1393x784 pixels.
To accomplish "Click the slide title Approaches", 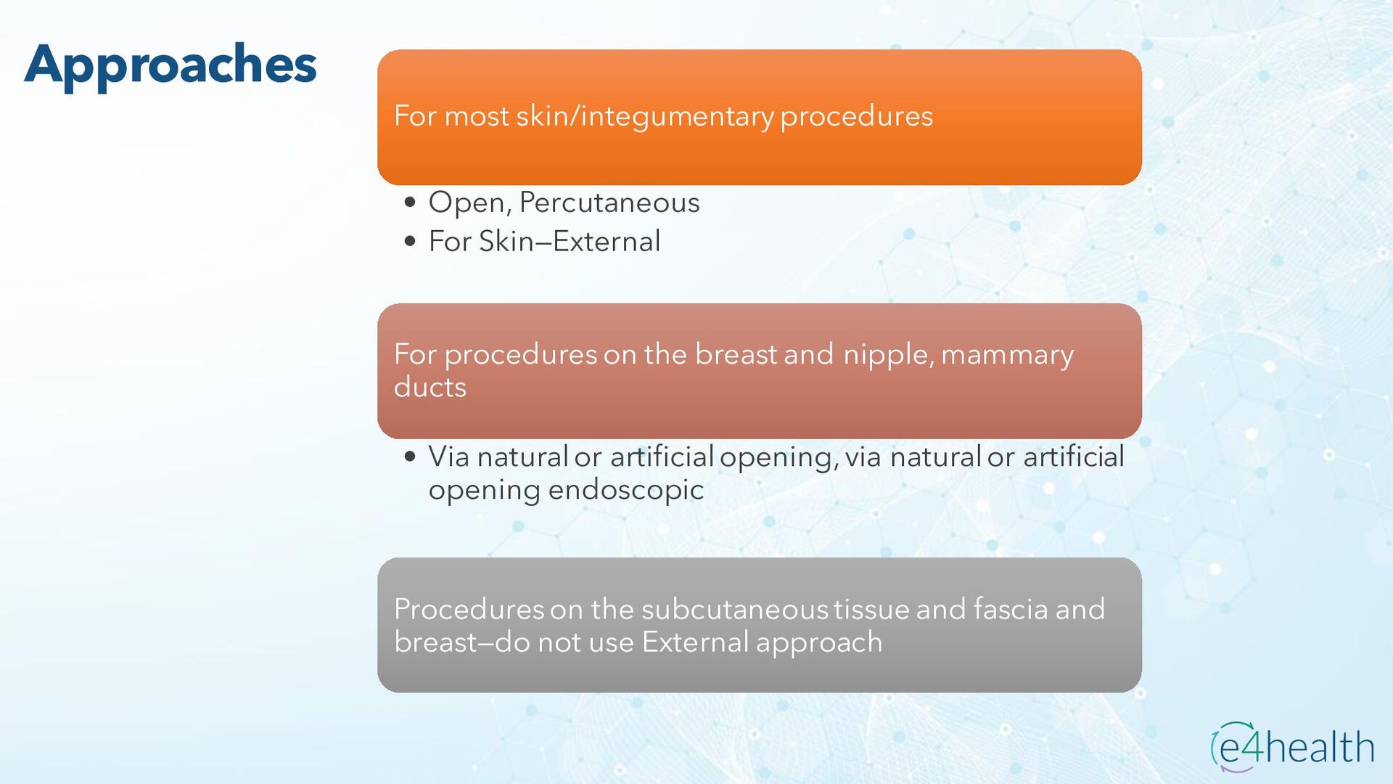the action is coord(170,65).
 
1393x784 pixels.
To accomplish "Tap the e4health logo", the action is coord(1292,746).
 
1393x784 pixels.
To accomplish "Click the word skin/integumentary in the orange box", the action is coord(645,117).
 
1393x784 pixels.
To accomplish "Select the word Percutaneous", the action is coord(609,203).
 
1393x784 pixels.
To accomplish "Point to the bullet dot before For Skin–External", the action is coord(411,241).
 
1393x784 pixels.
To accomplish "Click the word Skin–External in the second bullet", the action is coord(570,241).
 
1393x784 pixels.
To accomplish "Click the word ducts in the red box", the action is coord(430,387).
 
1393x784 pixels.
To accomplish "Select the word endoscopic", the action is coord(626,490).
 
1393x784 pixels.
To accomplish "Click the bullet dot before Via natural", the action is coord(411,457).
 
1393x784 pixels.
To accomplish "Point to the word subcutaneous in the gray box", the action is coord(735,609).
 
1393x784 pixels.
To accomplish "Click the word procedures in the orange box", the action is coord(857,117).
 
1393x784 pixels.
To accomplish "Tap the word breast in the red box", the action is coord(736,354).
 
